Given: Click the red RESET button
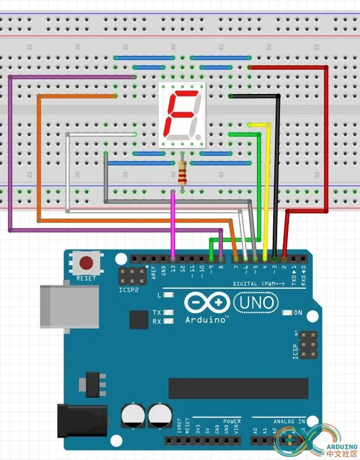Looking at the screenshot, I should point(86,263).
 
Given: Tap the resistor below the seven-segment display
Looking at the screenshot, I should point(182,173).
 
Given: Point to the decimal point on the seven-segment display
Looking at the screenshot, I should point(199,137).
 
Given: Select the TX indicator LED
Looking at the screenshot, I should point(169,312).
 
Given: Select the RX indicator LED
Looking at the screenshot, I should point(169,321).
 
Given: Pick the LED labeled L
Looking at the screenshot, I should point(169,295).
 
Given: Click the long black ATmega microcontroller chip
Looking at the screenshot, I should point(238,388).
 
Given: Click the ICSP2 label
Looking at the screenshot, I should point(128,291).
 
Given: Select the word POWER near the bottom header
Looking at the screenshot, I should point(232,421).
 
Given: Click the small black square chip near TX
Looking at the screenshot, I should point(139,319).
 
